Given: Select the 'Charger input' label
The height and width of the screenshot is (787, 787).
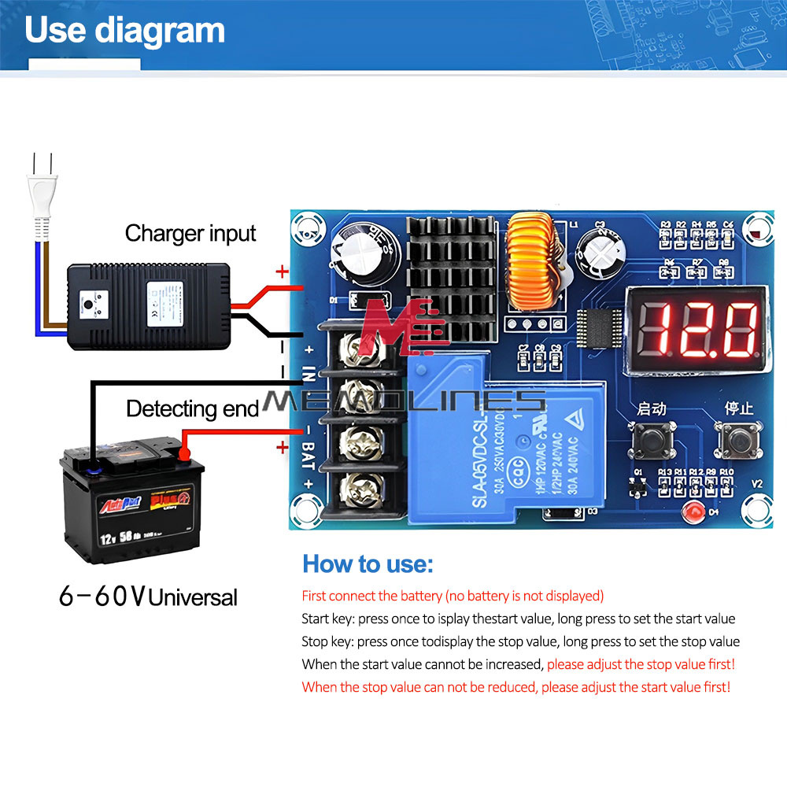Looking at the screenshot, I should [190, 234].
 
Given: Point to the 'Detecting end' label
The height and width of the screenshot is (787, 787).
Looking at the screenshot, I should [192, 409].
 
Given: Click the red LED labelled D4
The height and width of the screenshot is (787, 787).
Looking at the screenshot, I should [693, 512].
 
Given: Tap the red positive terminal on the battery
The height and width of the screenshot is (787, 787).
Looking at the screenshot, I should [186, 453].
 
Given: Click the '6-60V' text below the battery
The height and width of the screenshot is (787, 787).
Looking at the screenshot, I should [102, 596].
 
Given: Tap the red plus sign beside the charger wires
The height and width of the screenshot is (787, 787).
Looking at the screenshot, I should [281, 272].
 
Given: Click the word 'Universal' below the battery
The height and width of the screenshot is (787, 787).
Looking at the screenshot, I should [193, 597].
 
